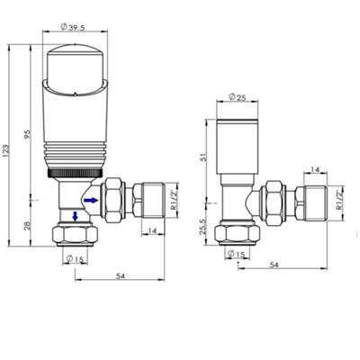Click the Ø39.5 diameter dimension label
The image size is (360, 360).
[73, 27]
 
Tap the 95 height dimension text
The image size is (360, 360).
[28, 134]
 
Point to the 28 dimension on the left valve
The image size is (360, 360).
[27, 226]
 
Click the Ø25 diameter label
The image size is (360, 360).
[237, 97]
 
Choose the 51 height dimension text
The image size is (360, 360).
[203, 157]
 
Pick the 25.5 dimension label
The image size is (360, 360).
[203, 226]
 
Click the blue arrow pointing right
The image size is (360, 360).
[91, 200]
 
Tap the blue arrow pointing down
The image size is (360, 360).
[75, 216]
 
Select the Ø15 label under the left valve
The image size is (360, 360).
[75, 258]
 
